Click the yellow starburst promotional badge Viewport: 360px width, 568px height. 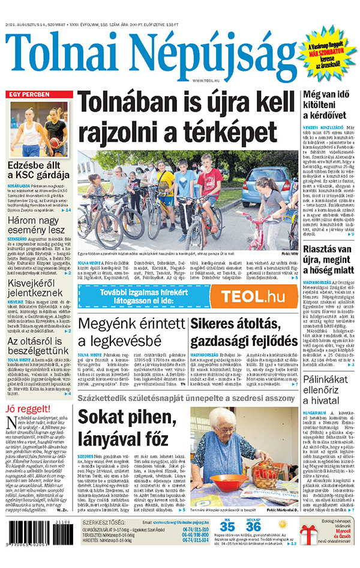tap(327, 55)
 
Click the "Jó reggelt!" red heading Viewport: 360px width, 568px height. tap(29, 410)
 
